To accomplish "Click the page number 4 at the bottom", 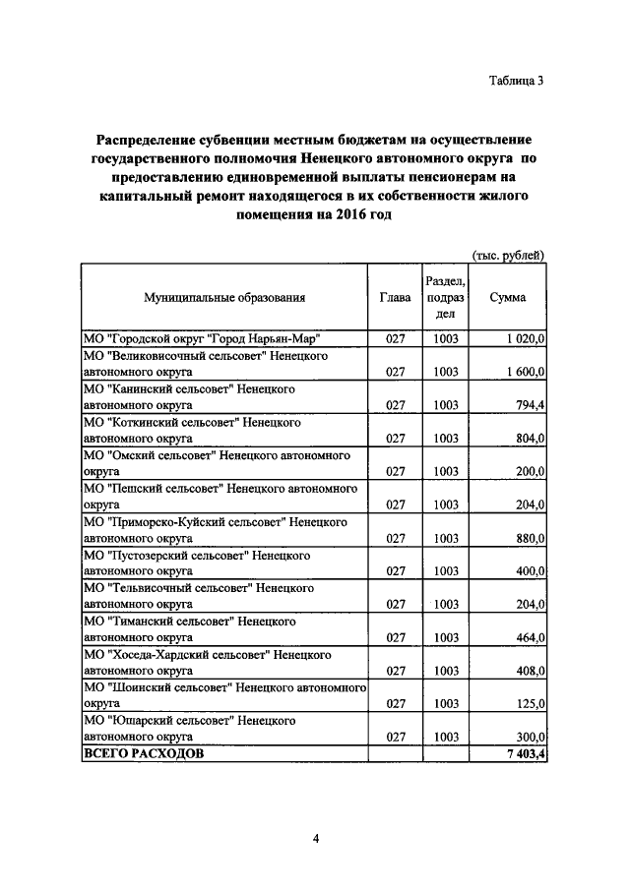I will click(x=315, y=838).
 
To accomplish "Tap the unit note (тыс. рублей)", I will click(x=508, y=255).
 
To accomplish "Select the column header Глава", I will click(x=395, y=297).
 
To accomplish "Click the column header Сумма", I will click(x=507, y=297).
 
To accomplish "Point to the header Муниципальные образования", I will click(x=224, y=297).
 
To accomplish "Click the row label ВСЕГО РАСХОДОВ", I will click(x=144, y=753).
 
